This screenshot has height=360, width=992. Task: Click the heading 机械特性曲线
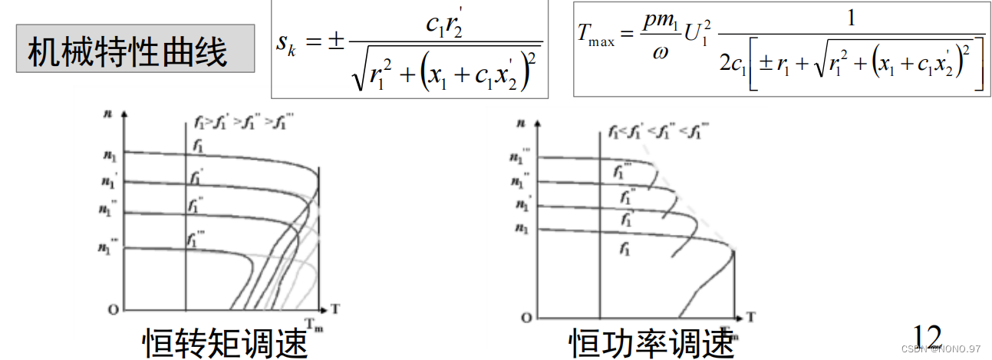[128, 53]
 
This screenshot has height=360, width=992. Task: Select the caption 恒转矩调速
[225, 342]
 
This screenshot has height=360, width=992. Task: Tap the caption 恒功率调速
[651, 342]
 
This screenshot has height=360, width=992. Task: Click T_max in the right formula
[596, 37]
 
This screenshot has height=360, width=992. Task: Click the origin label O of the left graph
[113, 309]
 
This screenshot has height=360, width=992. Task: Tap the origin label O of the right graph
[525, 317]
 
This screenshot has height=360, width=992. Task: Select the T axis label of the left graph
[335, 309]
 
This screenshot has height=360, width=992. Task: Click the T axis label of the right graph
[751, 315]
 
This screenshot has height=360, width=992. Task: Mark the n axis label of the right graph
[521, 122]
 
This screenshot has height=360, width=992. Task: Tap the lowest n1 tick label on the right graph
[522, 228]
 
